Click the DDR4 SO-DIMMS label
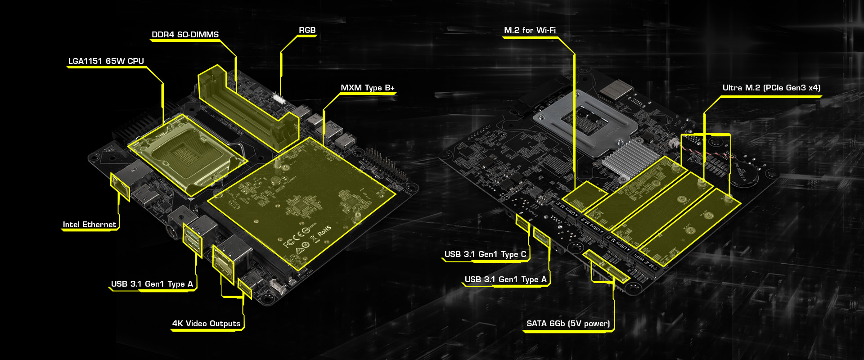(x=185, y=35)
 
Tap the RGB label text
(x=307, y=30)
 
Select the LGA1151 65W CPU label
(x=106, y=61)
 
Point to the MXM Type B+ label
(x=367, y=88)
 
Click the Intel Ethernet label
(x=89, y=225)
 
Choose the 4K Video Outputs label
(x=206, y=324)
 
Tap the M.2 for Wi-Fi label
(x=530, y=30)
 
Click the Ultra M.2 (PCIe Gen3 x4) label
(x=771, y=88)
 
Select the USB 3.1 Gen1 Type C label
(x=485, y=254)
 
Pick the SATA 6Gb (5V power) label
(x=568, y=324)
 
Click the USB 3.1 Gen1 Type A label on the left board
(x=152, y=284)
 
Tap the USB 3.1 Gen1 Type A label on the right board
(x=505, y=279)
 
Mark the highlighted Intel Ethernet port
(x=120, y=185)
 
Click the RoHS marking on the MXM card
(x=324, y=231)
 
